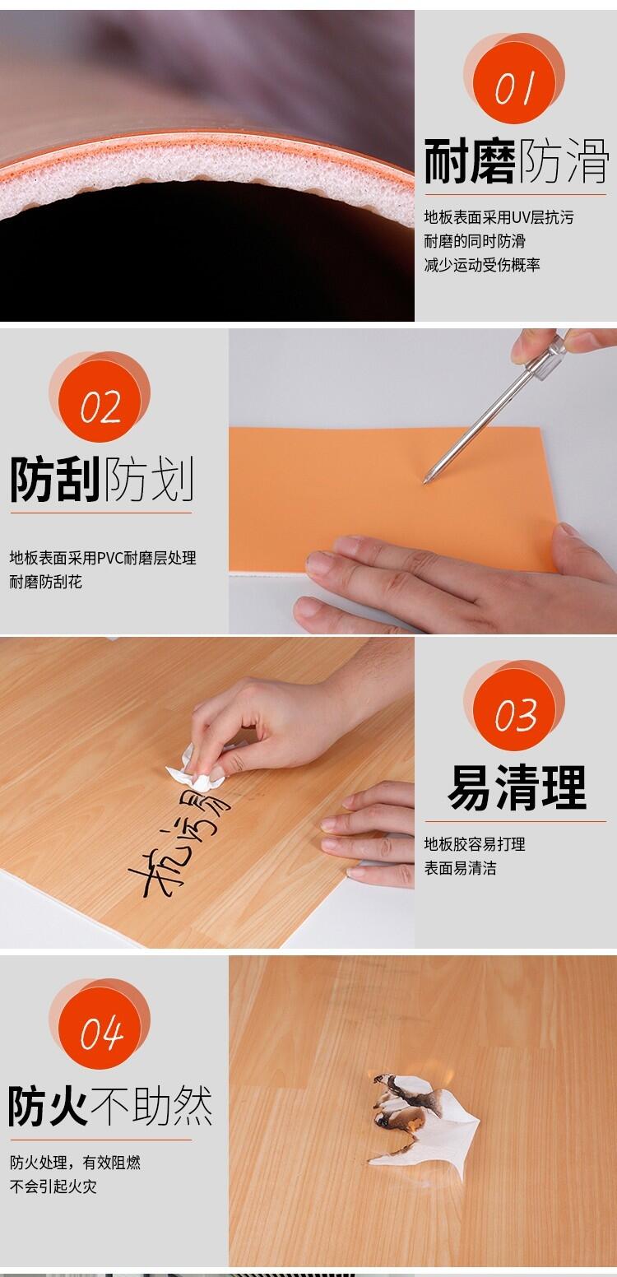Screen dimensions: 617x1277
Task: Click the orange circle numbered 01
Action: point(514,82)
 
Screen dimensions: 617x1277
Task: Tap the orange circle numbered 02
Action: point(100,402)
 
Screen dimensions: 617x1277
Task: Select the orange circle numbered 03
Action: point(514,710)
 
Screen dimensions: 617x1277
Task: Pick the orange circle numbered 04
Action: point(100,1029)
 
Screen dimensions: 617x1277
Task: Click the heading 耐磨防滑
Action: point(517,161)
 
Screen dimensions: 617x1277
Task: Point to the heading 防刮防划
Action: point(102,479)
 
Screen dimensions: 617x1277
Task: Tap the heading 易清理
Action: point(517,788)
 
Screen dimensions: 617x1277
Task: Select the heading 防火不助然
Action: point(110,1106)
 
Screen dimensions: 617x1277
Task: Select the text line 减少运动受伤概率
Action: point(482,265)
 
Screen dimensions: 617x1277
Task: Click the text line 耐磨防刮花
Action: point(45,582)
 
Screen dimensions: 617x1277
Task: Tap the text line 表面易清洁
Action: point(460,868)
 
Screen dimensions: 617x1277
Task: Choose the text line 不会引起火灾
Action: point(53,1187)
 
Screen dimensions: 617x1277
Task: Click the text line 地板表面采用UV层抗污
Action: point(499,217)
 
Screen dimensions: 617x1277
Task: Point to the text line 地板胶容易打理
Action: point(475,844)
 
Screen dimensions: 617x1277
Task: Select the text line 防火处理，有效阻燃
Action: point(75,1163)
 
